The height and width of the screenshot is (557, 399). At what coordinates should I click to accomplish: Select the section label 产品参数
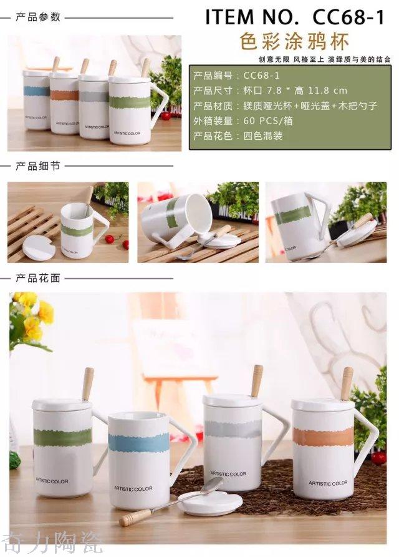(x=37, y=17)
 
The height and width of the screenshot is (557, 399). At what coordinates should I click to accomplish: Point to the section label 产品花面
(x=37, y=277)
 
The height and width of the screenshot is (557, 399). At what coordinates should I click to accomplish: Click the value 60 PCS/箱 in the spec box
(x=269, y=121)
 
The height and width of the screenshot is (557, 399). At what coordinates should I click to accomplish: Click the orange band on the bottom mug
(x=322, y=436)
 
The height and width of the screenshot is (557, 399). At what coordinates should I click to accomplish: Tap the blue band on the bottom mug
(x=139, y=442)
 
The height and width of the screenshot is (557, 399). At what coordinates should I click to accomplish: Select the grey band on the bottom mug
(x=233, y=428)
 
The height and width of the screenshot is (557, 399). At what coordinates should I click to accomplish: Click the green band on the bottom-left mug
(x=62, y=436)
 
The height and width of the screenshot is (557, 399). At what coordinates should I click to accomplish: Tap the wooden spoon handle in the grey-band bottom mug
(x=257, y=380)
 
